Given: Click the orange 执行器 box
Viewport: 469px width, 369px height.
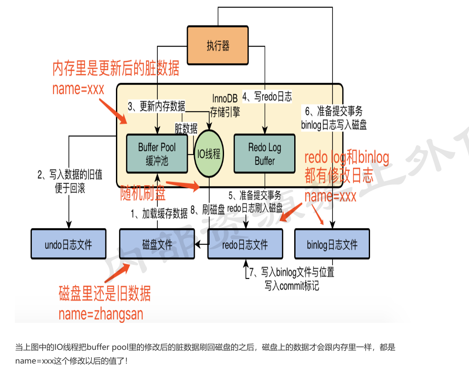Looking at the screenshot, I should coord(218,45).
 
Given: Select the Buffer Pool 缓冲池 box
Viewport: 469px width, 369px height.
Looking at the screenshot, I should coord(157,154).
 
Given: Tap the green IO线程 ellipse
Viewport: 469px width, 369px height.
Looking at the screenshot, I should coord(209,154).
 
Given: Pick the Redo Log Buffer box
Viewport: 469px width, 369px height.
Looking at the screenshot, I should coord(265,154).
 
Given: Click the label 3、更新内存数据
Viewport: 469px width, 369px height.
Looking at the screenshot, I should coord(156,106).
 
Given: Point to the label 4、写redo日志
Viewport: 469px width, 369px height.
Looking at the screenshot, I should coord(267,96).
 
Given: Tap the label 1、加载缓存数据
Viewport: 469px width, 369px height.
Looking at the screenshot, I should coord(160,213).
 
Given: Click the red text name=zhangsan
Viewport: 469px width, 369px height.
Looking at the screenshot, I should coord(101,314).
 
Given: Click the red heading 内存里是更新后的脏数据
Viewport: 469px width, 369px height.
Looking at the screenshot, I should coord(116,69).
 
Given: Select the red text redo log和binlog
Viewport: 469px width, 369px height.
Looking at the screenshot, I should coord(347,158).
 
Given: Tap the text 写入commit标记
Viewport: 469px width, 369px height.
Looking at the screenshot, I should coord(292,286).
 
